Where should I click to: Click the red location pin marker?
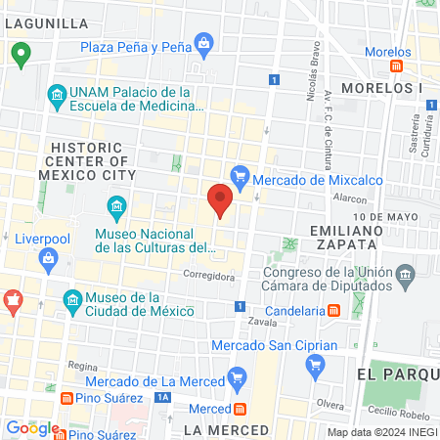[220, 200]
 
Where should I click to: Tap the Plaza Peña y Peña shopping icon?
[203, 43]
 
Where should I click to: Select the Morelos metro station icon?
[396, 66]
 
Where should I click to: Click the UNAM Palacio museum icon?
[57, 95]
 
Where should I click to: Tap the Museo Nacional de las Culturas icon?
[117, 206]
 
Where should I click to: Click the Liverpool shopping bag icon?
[47, 258]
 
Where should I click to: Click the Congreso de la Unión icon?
[404, 281]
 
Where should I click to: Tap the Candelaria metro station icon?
[333, 310]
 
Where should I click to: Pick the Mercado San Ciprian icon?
[315, 366]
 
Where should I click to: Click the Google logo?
[32, 427]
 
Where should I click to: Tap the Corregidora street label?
[207, 277]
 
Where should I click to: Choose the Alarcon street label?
[349, 197]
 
